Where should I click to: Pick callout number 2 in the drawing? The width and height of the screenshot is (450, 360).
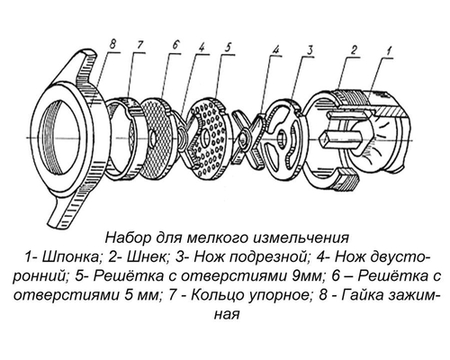355,48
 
